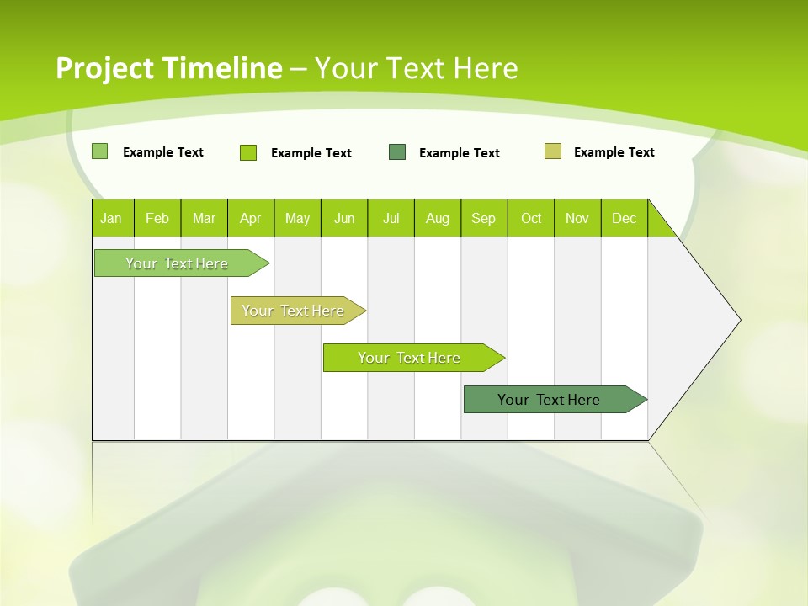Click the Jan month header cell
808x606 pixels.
coord(112,218)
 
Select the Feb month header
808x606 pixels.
coord(157,218)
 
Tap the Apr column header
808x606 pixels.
coord(251,218)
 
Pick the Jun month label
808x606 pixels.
coord(344,218)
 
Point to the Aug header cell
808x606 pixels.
coord(438,218)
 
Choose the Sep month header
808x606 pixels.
coord(484,218)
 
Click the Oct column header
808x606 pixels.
coord(531,218)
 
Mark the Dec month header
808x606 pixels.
coord(625,218)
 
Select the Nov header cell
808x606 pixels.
coord(577,218)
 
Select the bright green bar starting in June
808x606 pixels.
coord(410,358)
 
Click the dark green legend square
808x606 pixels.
coord(397,152)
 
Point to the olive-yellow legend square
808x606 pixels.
coord(553,151)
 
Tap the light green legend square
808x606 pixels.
coord(100,151)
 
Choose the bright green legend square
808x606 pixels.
coord(248,152)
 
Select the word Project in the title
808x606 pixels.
coord(105,68)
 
